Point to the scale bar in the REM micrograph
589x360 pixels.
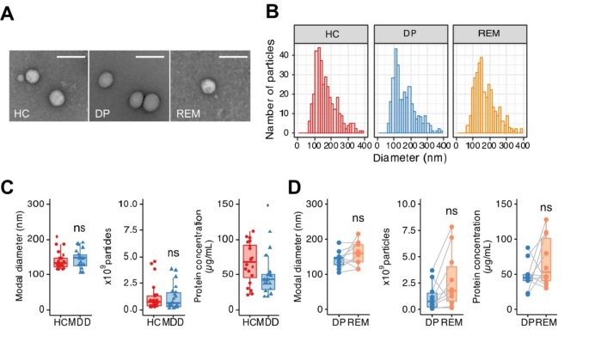click(234, 59)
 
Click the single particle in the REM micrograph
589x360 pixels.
click(208, 86)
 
